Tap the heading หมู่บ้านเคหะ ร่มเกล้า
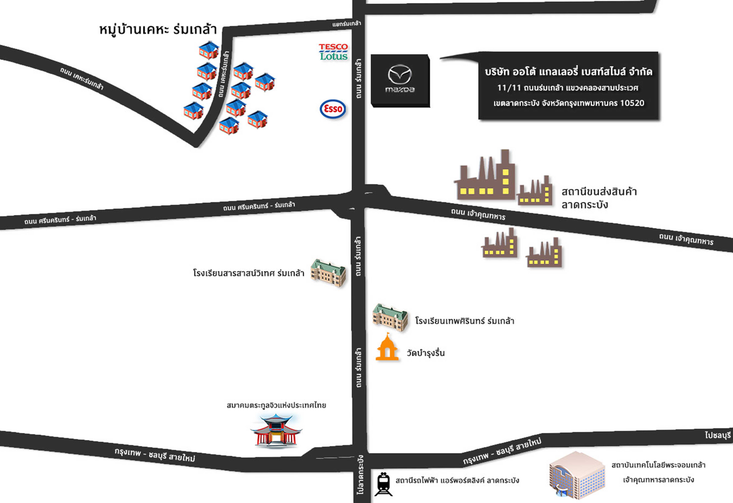point(158,30)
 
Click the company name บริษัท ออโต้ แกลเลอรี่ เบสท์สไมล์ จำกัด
point(568,72)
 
